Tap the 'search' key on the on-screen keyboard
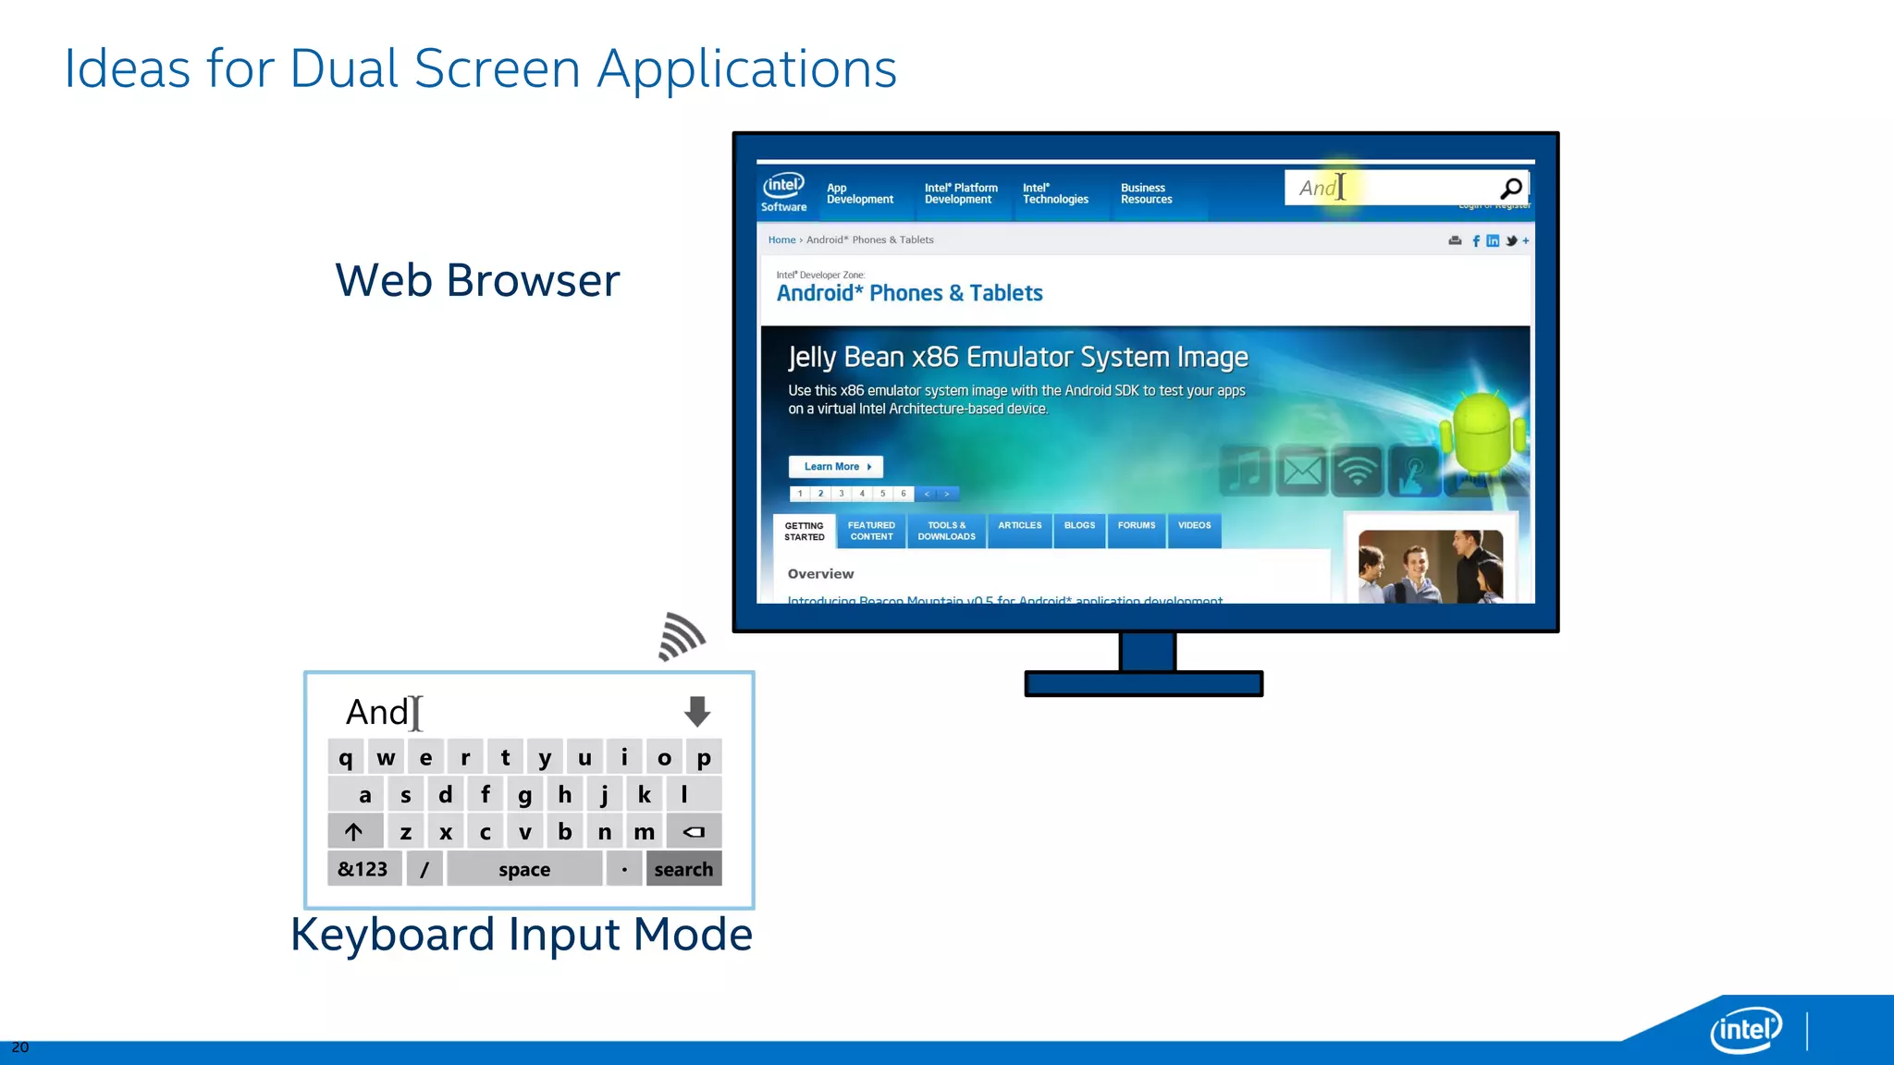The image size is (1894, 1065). click(x=683, y=869)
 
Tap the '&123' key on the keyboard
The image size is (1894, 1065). click(x=363, y=869)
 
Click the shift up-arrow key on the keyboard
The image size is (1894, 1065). click(x=354, y=831)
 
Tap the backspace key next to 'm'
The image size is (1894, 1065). click(x=694, y=831)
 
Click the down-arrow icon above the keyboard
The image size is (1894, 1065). click(x=697, y=711)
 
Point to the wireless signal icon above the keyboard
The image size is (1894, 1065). click(x=682, y=636)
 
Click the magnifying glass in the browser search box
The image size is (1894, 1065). click(x=1511, y=189)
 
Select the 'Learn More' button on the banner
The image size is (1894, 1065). click(x=836, y=467)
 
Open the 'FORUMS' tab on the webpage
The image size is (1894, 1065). click(x=1136, y=526)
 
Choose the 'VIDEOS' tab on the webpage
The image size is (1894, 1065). click(x=1194, y=526)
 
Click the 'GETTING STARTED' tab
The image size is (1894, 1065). click(x=804, y=532)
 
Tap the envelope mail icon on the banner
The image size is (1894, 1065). click(x=1302, y=471)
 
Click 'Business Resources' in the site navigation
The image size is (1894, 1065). click(x=1146, y=193)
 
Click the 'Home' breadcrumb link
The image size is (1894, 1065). click(x=781, y=240)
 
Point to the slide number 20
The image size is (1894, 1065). click(x=20, y=1047)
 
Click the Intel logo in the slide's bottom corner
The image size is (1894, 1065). click(x=1745, y=1029)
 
